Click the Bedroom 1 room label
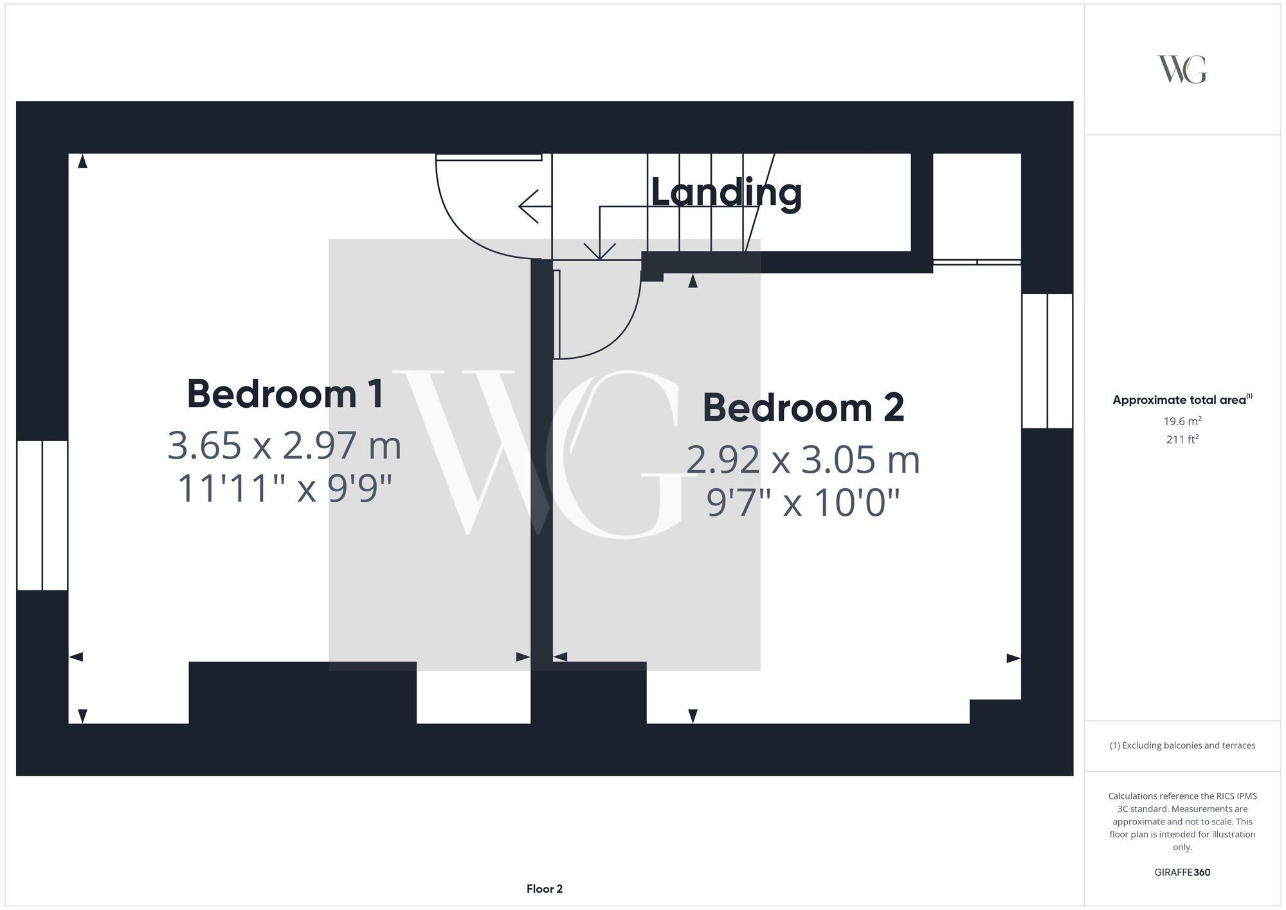click(285, 394)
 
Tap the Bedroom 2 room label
click(803, 408)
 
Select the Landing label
click(726, 192)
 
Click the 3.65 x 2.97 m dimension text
click(284, 446)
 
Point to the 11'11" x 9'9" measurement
click(284, 489)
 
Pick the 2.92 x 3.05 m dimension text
click(803, 460)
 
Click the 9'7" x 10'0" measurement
click(803, 503)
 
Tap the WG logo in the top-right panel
click(1182, 69)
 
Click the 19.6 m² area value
click(1182, 421)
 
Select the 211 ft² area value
click(1182, 440)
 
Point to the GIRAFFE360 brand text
click(1182, 873)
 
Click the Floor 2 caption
click(544, 889)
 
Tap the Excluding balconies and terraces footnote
click(1182, 745)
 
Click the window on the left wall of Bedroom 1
click(42, 515)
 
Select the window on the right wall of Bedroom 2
click(1047, 361)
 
